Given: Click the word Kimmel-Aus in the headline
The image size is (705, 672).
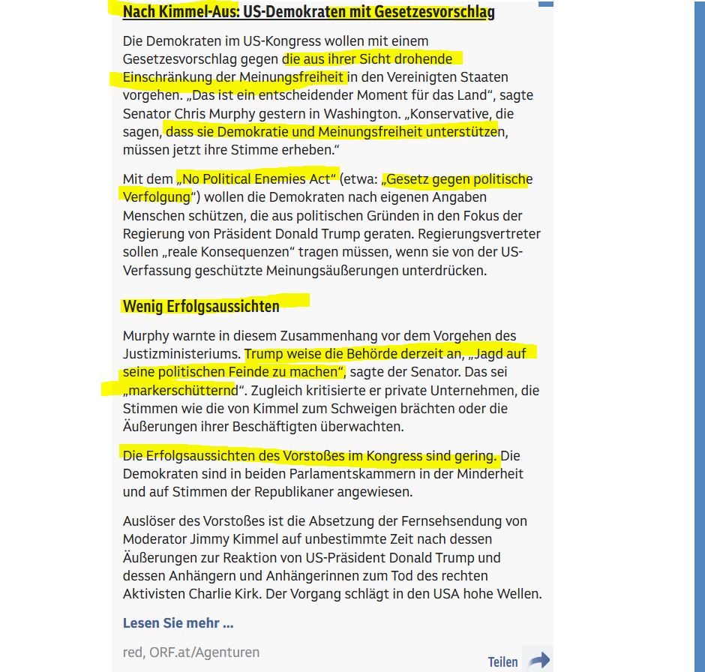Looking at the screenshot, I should [191, 12].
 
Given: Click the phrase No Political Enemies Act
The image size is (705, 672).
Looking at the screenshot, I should [256, 179].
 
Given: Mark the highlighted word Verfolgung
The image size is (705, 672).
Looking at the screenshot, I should [156, 197].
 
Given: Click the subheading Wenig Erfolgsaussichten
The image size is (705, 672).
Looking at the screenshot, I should [201, 306].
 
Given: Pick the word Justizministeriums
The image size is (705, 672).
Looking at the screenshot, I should [181, 354].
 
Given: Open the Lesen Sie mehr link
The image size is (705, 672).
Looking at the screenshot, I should [178, 623].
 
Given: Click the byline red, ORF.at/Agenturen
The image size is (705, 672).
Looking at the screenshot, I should [191, 652].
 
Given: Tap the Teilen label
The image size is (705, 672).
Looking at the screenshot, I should [502, 661].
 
